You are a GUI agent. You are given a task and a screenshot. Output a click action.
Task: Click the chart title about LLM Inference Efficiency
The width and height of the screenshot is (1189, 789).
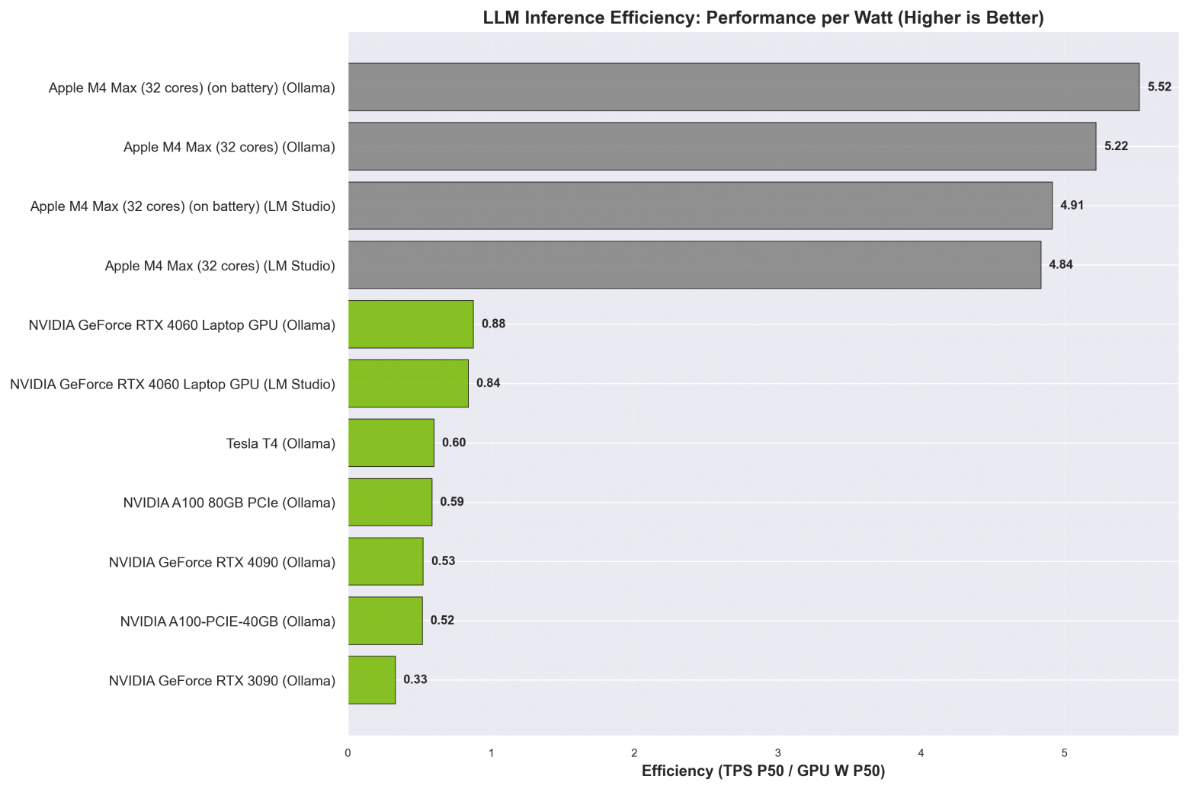(x=763, y=18)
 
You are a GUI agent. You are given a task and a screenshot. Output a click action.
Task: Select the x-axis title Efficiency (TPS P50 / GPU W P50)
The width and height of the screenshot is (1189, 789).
(x=763, y=771)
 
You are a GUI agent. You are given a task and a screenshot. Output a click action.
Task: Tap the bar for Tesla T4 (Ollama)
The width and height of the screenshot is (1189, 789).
(x=391, y=442)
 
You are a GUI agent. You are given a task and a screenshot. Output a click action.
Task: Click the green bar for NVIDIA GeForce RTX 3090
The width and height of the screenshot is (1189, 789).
(x=372, y=680)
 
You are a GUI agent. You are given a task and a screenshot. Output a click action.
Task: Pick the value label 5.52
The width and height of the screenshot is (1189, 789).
(x=1159, y=87)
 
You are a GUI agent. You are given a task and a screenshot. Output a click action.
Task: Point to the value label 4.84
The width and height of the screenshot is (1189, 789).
(x=1060, y=265)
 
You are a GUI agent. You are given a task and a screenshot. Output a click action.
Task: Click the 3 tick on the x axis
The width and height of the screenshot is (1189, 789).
(x=778, y=753)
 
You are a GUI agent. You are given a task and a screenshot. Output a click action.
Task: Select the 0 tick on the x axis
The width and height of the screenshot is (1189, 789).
(x=348, y=753)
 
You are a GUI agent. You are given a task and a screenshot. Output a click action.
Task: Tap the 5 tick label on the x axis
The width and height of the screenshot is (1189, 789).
(x=1065, y=753)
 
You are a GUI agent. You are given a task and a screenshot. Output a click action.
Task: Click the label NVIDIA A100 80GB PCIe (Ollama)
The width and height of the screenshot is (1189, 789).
(x=229, y=503)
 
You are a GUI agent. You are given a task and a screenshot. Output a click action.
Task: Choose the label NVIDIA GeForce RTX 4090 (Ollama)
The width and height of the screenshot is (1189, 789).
(x=222, y=562)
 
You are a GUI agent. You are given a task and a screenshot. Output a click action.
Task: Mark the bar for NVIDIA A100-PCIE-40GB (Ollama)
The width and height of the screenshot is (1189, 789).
(x=385, y=621)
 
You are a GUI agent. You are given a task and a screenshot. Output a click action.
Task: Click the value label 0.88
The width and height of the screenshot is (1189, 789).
(x=493, y=324)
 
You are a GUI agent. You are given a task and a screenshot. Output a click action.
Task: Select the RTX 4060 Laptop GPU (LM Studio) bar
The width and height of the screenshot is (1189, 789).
(x=408, y=384)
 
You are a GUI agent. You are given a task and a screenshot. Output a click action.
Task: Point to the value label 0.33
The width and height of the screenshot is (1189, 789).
(x=415, y=679)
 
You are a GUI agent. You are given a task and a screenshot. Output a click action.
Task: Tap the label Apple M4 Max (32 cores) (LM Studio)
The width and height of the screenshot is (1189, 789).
(x=220, y=266)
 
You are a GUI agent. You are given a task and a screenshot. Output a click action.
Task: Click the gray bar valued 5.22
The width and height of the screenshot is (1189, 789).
(x=722, y=146)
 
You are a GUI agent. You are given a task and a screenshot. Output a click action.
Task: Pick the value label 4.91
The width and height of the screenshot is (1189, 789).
(x=1072, y=206)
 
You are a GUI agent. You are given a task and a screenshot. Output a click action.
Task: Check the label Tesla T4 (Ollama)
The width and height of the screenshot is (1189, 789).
(x=280, y=443)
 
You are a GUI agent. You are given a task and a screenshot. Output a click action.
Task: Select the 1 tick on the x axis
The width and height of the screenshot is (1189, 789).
(x=492, y=753)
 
